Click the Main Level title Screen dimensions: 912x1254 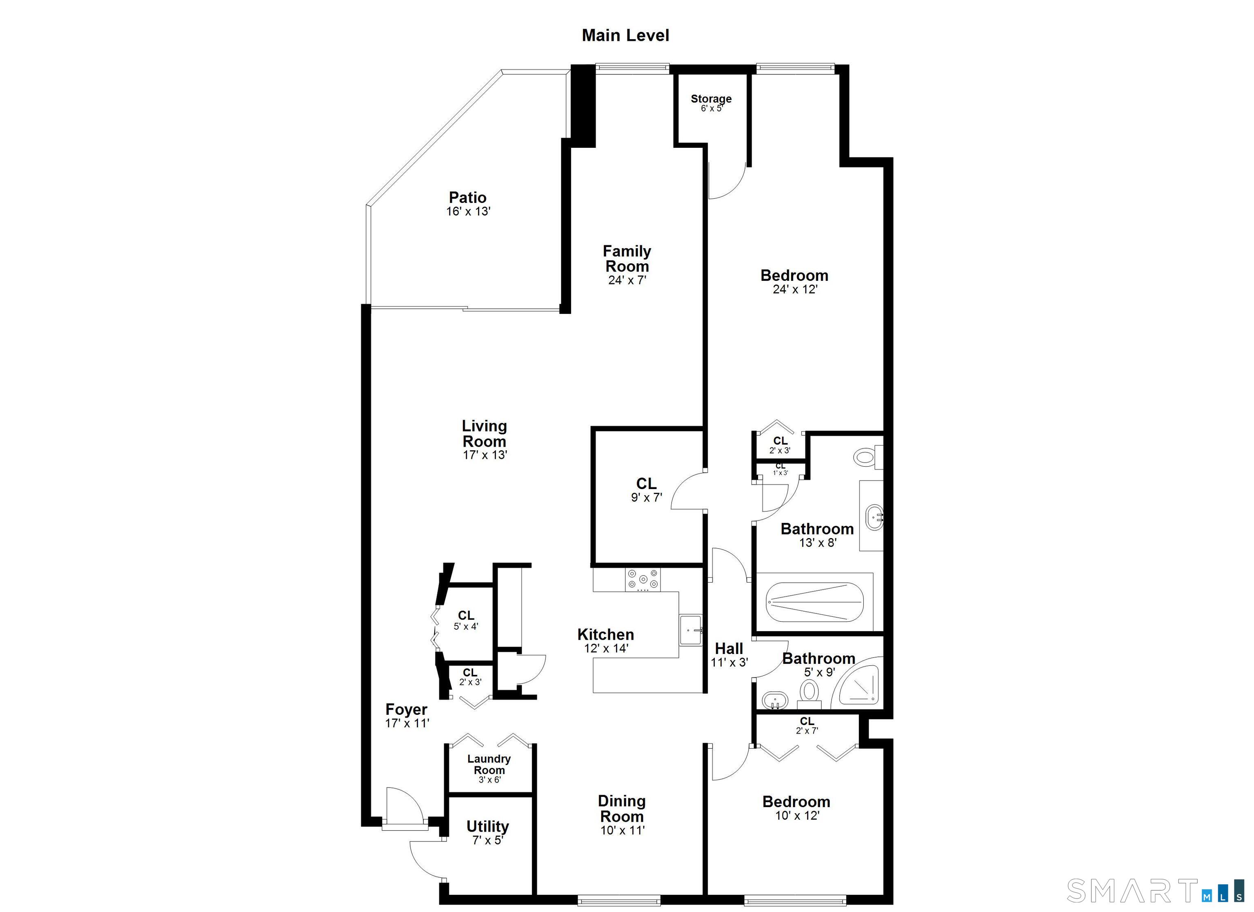[625, 36]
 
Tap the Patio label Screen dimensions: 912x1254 [468, 198]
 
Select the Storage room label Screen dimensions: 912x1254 [711, 99]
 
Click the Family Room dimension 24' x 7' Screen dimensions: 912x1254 [627, 280]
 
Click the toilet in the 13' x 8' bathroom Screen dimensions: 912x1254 [864, 457]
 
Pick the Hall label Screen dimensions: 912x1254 [729, 648]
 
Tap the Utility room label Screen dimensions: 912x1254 [487, 826]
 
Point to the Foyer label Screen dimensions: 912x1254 [407, 710]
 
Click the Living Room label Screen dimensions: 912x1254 [485, 434]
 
